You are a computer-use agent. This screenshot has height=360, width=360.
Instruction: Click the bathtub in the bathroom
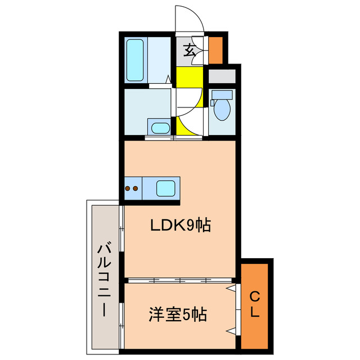click(x=135, y=60)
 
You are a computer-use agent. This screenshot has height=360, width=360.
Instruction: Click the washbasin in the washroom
click(x=160, y=127)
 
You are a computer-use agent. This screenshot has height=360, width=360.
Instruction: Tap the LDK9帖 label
click(x=179, y=226)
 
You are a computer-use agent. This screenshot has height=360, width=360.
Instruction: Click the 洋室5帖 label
click(x=178, y=313)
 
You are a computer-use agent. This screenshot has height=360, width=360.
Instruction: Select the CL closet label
click(x=255, y=304)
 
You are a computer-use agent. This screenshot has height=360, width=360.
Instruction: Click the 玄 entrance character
click(x=190, y=51)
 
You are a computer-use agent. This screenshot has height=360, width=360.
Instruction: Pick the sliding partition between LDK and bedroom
click(x=179, y=279)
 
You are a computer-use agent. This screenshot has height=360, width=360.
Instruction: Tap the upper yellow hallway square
click(x=188, y=77)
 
